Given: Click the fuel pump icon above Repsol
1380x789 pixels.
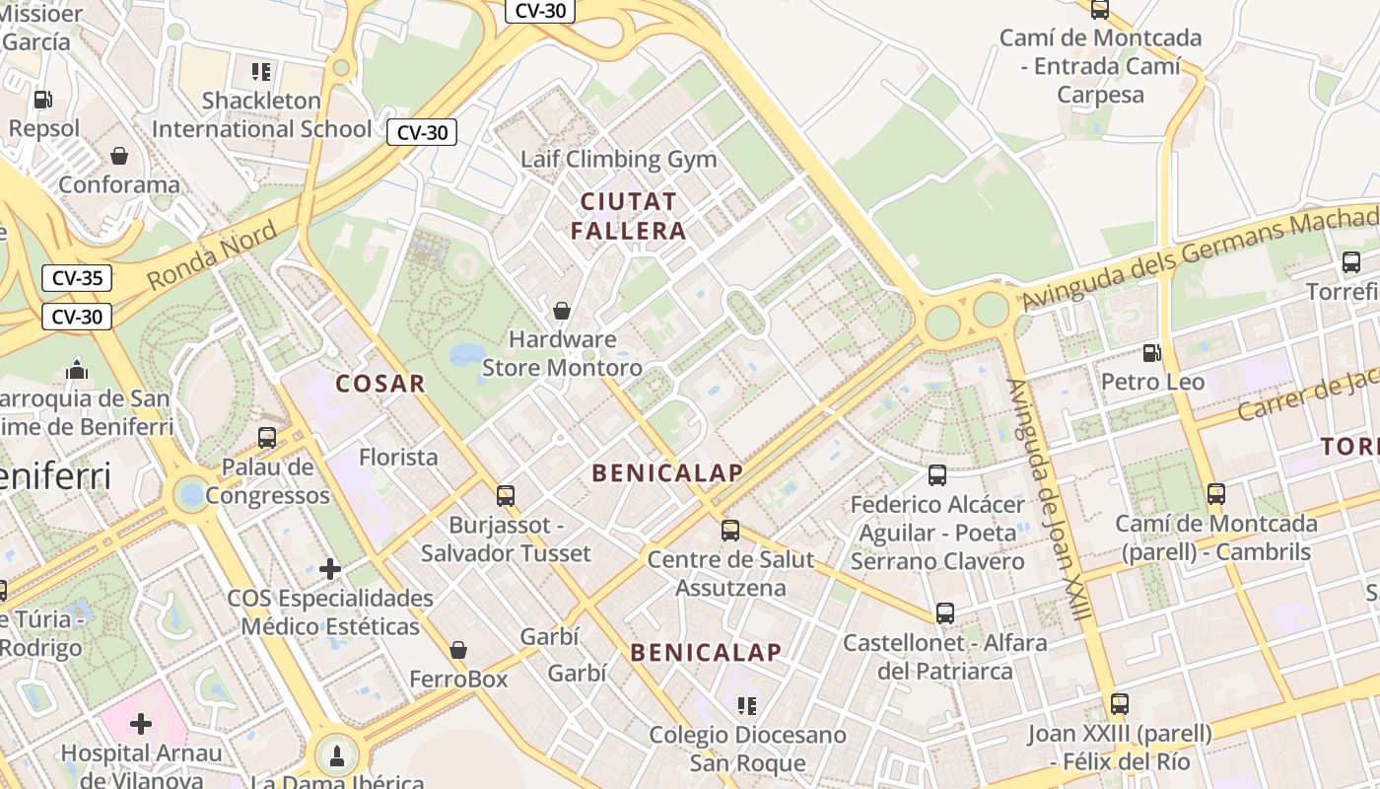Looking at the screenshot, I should coord(42,99).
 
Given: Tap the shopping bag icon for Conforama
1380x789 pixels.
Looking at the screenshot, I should coord(119,156).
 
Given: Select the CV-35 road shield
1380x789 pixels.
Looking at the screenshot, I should coord(77,278).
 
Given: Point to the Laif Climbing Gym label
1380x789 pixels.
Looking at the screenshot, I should coord(604,159).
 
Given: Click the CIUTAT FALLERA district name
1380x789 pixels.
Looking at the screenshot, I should coord(629,216).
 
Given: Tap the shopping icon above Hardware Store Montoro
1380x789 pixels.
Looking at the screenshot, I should coord(562,311).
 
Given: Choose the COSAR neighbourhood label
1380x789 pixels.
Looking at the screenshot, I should coord(380,384).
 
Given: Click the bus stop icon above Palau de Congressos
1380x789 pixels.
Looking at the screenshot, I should coord(267,437).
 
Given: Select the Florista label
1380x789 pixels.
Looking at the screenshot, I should coord(398,457).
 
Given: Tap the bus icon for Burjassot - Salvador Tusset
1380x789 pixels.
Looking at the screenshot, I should coord(506,495).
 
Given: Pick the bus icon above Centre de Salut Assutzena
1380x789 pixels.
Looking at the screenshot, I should coord(730,530).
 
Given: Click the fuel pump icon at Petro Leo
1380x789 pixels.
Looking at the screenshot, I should coord(1151,352).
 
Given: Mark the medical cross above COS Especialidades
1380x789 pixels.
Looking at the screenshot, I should coord(330,569).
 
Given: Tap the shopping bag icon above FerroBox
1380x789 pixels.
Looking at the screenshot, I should coord(458,650).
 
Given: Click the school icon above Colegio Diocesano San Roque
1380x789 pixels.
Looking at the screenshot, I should coord(747,706).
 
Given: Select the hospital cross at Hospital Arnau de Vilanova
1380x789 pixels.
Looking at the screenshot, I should coord(141,724).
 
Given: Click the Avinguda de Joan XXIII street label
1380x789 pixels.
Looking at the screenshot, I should coord(1049,500).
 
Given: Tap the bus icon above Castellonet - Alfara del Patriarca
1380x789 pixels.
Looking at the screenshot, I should coord(945,612).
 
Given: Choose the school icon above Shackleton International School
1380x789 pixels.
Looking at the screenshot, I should coord(261,71).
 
